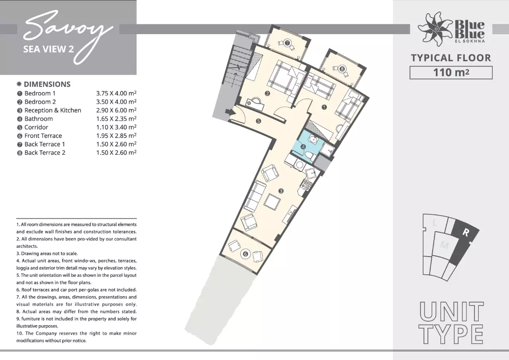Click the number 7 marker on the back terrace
(x=287, y=43)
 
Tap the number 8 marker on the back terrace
(x=342, y=69)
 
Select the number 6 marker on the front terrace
(x=245, y=254)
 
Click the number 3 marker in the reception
(x=281, y=191)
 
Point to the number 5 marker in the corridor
(x=258, y=121)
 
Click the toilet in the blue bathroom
(x=310, y=156)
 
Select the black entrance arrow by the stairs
(x=230, y=112)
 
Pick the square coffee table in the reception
(x=272, y=202)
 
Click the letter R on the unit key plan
(x=466, y=232)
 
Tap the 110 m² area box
(x=451, y=73)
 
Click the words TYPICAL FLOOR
(x=451, y=58)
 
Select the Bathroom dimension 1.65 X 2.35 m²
(x=116, y=119)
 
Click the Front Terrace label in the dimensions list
(x=43, y=136)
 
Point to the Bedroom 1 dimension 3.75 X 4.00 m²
(x=116, y=93)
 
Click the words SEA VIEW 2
(x=49, y=49)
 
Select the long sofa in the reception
(x=255, y=197)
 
